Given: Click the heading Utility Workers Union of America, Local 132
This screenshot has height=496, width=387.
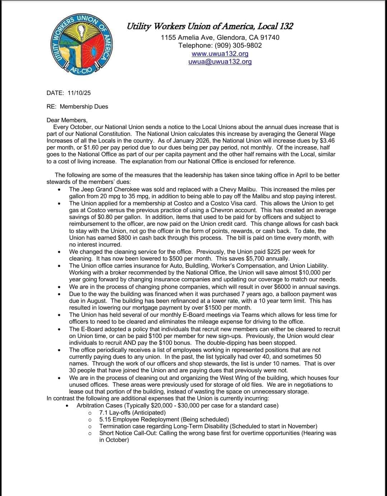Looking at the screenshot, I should (x=210, y=26).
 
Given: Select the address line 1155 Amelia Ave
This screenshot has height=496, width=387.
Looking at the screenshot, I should (x=220, y=37).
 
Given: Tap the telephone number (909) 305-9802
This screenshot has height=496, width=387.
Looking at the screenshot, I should (x=238, y=45).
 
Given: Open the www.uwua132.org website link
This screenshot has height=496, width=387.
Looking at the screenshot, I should (x=220, y=53).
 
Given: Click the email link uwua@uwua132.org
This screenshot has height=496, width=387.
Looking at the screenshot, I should (x=220, y=61).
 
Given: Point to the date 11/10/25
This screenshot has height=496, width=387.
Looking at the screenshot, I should (x=79, y=93).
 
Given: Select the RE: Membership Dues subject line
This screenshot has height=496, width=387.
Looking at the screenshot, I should (x=77, y=106).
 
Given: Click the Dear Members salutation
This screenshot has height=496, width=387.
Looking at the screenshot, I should (x=67, y=120).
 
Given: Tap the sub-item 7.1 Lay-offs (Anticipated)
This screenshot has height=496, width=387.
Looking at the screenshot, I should (x=133, y=412).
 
